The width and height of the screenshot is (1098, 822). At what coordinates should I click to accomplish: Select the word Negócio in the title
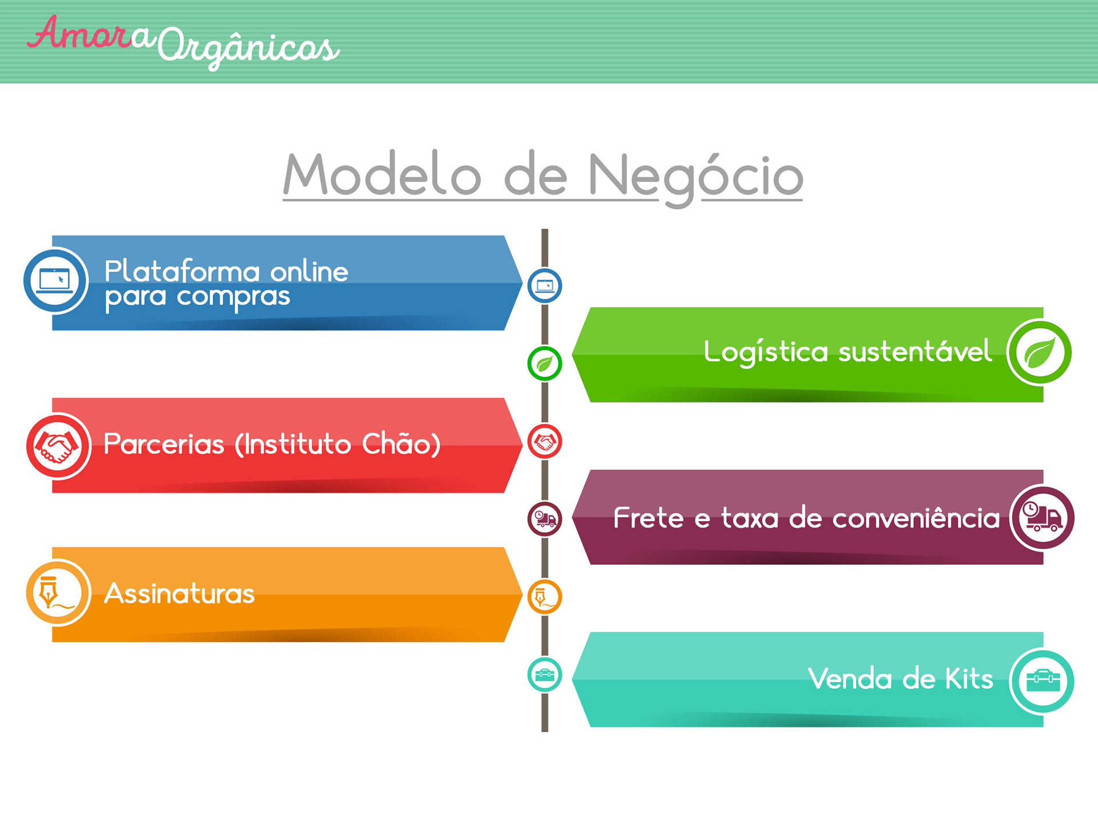[695, 177]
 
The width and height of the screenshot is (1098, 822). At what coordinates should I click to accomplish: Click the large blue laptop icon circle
[55, 281]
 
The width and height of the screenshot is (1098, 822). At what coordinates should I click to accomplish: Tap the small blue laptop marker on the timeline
[544, 286]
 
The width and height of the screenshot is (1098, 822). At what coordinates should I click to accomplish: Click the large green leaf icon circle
[1039, 352]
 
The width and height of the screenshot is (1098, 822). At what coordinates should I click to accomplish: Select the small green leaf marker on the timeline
[544, 364]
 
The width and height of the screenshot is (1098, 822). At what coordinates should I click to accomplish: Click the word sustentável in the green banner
[915, 351]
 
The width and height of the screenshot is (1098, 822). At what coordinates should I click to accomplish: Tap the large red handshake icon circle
[58, 446]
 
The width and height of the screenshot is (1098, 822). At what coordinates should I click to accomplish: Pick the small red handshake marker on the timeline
[544, 441]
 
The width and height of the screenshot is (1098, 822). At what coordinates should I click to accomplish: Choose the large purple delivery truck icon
[1042, 518]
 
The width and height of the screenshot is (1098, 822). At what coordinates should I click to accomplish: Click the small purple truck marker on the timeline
[544, 519]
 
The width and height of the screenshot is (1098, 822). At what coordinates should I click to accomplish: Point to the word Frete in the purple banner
[649, 518]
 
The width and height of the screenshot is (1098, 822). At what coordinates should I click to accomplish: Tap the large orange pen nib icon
[58, 593]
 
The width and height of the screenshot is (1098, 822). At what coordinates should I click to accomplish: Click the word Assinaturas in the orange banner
[179, 593]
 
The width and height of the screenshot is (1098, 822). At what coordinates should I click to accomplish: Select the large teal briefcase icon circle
[1042, 681]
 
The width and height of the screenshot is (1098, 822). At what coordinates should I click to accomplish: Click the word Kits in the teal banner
[969, 679]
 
